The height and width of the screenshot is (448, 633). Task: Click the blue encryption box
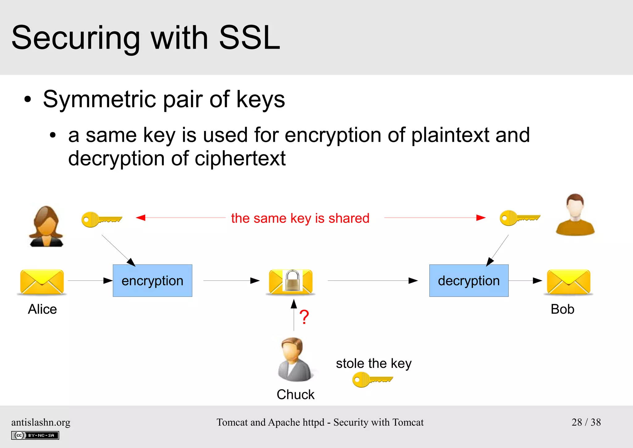click(152, 281)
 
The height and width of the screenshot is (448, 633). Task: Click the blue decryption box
click(469, 281)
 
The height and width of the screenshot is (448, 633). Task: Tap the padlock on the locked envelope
click(292, 281)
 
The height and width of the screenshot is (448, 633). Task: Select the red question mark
click(304, 317)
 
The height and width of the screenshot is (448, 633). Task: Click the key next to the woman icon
click(101, 220)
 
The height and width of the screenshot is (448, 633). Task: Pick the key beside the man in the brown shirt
click(520, 218)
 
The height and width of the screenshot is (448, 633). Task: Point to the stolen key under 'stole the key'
click(372, 380)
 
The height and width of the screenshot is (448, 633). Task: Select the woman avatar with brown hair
click(46, 226)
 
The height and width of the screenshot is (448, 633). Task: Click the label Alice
click(42, 309)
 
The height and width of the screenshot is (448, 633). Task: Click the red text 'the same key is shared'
click(300, 218)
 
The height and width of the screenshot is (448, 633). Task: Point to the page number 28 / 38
click(586, 422)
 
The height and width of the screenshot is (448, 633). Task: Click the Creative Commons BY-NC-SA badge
click(35, 435)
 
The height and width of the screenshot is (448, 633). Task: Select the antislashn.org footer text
click(41, 422)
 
